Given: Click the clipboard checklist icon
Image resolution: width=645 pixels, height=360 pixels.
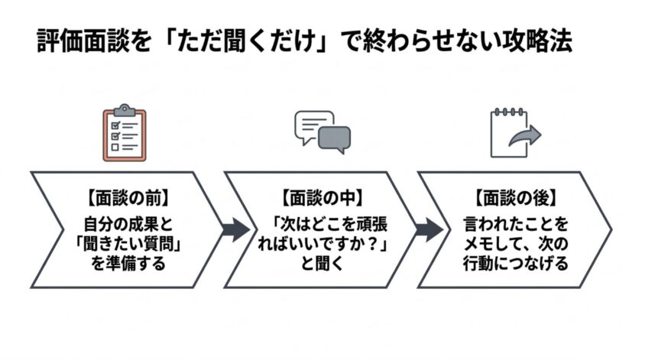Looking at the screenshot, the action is pyautogui.click(x=125, y=133).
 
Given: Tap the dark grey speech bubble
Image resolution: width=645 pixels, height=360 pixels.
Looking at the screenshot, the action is pyautogui.click(x=335, y=139).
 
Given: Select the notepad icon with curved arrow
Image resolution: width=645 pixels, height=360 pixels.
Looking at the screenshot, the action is pyautogui.click(x=515, y=133).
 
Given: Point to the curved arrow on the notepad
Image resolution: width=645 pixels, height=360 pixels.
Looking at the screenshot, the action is pyautogui.click(x=526, y=135).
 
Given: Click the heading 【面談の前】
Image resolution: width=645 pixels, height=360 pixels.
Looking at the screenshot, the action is pyautogui.click(x=128, y=198).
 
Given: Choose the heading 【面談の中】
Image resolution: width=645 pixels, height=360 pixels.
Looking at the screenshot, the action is pyautogui.click(x=322, y=198).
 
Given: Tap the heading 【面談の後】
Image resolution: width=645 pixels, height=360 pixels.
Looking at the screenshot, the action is pyautogui.click(x=515, y=198).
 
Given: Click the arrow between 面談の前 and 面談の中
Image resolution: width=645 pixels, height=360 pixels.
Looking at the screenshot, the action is pyautogui.click(x=235, y=229).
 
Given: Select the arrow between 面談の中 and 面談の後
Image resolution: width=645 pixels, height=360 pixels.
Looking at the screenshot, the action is pyautogui.click(x=429, y=229).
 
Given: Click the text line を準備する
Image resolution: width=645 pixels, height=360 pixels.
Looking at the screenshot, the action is pyautogui.click(x=128, y=264).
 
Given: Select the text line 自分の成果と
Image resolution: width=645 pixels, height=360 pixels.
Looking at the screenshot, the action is pyautogui.click(x=128, y=224).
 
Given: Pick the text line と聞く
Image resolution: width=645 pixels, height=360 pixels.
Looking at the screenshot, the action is pyautogui.click(x=322, y=264).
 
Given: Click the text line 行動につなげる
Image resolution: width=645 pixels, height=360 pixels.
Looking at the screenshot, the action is pyautogui.click(x=515, y=264).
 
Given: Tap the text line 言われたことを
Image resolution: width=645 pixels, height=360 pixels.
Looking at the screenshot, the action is pyautogui.click(x=515, y=224).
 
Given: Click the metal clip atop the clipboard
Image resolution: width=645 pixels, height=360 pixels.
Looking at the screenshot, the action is pyautogui.click(x=125, y=110).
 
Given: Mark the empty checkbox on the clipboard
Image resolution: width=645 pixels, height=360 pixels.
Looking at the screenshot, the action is pyautogui.click(x=115, y=147).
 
